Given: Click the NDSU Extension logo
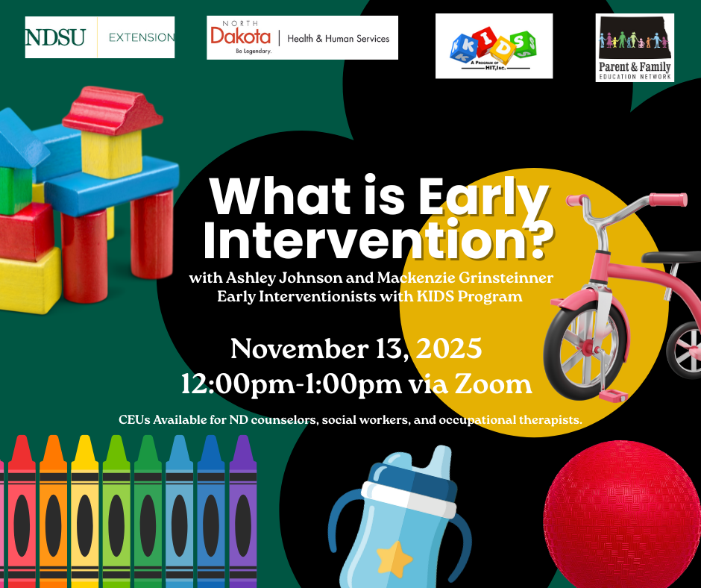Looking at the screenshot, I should [x=100, y=37].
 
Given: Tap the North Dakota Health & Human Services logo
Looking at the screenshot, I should [x=302, y=37].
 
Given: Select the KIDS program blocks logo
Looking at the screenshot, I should [x=494, y=46].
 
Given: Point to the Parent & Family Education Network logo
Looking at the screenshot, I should [x=635, y=47].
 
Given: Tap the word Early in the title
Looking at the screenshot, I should [x=481, y=198].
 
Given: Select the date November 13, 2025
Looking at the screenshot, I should [x=356, y=348].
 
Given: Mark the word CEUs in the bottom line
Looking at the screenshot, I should [x=134, y=420].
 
